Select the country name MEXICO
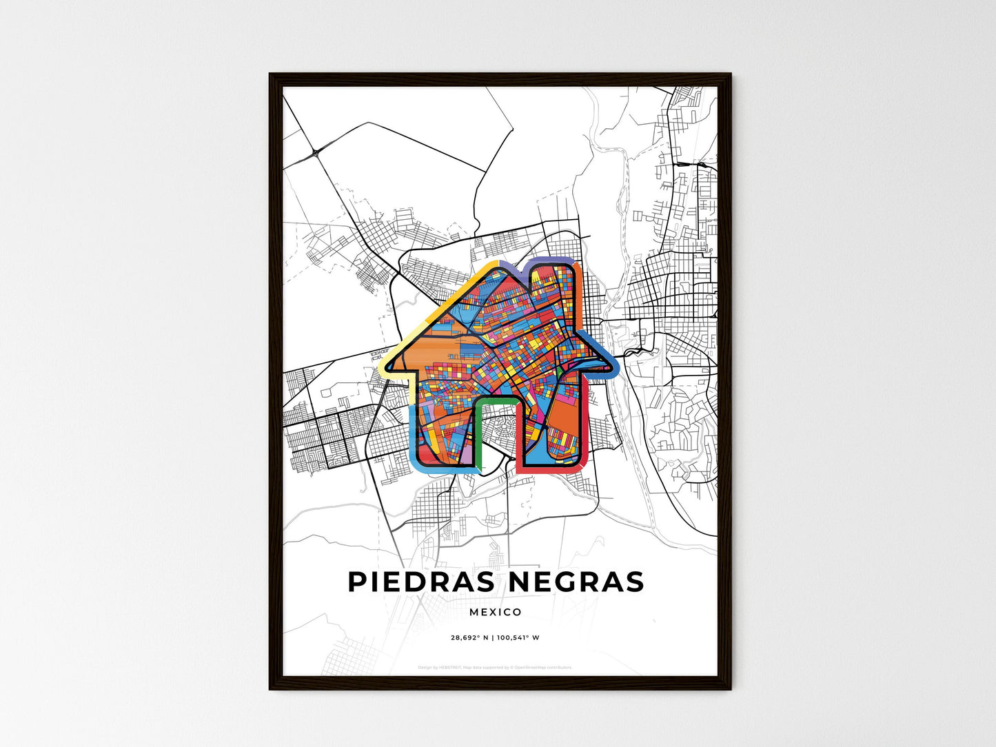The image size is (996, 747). coord(495,612)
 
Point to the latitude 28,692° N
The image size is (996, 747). coord(469,637)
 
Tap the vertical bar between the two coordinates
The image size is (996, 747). coord(493,637)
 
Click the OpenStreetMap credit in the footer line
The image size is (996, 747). coord(545,667)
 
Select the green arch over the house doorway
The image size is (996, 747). coord(496,402)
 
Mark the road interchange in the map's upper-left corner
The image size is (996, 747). coord(316,151)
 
